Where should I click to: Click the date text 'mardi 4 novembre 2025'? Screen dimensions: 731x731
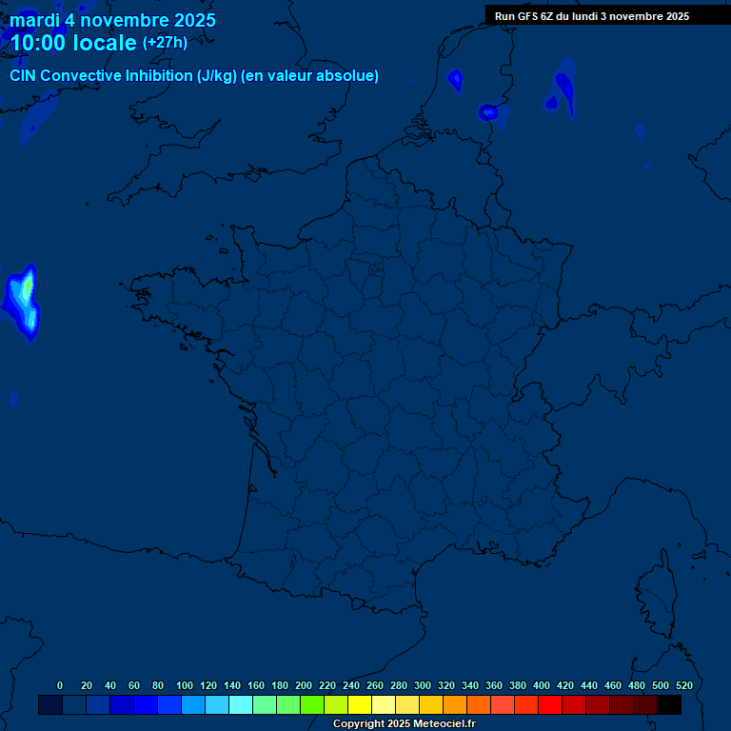click(x=112, y=20)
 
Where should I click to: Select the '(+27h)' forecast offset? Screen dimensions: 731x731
click(x=165, y=43)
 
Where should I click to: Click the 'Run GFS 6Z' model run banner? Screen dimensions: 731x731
click(x=591, y=16)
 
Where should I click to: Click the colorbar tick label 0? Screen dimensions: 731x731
click(x=60, y=685)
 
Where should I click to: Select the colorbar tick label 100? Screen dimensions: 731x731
click(x=184, y=685)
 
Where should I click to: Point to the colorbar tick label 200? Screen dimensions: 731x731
click(x=304, y=685)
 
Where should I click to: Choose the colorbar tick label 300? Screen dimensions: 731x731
click(x=423, y=685)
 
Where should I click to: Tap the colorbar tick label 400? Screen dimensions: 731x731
click(x=542, y=685)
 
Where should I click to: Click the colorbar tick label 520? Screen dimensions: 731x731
click(x=683, y=685)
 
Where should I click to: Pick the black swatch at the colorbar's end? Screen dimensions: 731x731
click(x=669, y=705)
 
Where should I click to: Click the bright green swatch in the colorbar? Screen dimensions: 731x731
click(x=312, y=705)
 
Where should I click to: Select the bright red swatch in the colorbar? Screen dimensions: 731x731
click(x=550, y=705)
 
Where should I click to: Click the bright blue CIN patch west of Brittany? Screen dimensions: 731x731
click(x=23, y=301)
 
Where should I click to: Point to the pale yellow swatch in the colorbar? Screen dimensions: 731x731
click(x=384, y=705)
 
